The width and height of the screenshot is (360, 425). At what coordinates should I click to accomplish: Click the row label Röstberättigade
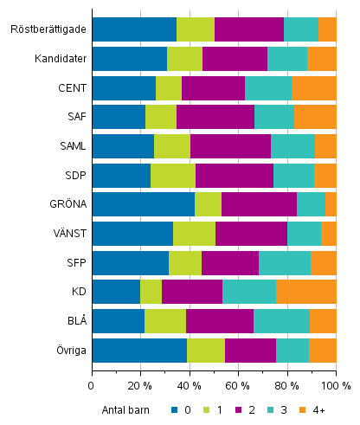(48, 29)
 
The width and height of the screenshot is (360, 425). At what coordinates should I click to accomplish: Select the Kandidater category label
(59, 59)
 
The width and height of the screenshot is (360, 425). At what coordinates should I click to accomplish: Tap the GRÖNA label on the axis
(66, 204)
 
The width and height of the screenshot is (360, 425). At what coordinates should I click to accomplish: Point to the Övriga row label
(67, 351)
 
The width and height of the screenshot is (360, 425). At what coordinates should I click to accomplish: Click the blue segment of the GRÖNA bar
(143, 204)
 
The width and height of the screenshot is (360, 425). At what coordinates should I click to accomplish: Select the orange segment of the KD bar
(305, 292)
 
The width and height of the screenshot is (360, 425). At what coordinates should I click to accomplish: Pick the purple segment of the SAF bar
(215, 117)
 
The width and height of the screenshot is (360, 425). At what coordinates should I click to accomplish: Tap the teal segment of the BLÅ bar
(281, 321)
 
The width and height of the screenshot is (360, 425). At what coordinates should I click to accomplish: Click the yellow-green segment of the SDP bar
(173, 175)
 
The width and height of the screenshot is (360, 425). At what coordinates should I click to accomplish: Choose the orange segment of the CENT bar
(313, 87)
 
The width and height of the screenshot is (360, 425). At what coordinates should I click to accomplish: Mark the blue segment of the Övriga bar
(139, 351)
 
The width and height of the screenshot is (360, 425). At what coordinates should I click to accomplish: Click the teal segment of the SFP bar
(285, 263)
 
